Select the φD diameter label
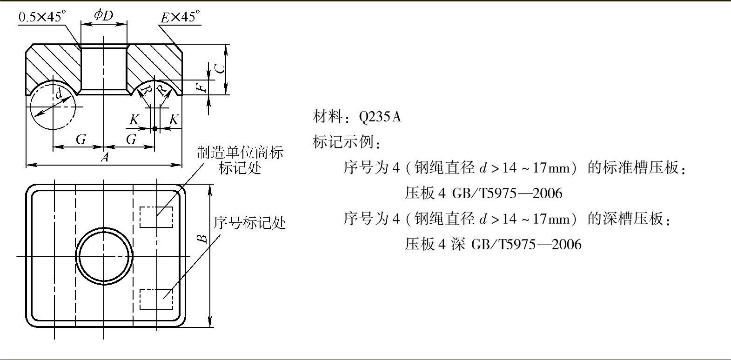[x=103, y=15]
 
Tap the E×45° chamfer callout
[x=180, y=18]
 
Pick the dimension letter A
[x=105, y=157]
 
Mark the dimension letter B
[x=202, y=238]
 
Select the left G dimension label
[x=80, y=139]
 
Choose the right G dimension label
[x=131, y=139]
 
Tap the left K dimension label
[x=134, y=120]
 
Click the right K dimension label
[x=174, y=120]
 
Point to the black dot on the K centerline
[x=155, y=128]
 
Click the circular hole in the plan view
[x=104, y=255]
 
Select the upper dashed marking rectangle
[x=156, y=217]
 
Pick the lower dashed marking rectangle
[x=156, y=299]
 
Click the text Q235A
[x=380, y=117]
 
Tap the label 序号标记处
[x=249, y=223]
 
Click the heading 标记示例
[x=346, y=142]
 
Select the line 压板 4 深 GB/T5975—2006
[x=493, y=244]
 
